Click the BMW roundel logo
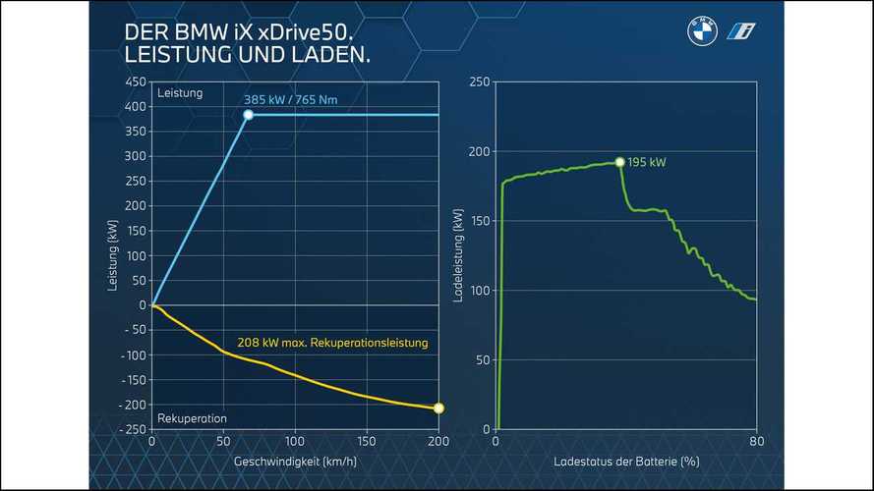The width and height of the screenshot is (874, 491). click(x=702, y=30)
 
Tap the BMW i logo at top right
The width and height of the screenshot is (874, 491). click(x=741, y=30)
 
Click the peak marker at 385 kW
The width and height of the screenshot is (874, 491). click(x=248, y=115)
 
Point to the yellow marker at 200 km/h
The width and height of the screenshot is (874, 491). click(x=438, y=408)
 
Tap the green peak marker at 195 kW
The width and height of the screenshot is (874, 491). click(x=619, y=162)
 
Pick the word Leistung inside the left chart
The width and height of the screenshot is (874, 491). click(x=179, y=93)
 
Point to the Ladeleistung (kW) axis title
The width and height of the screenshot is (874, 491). click(x=457, y=255)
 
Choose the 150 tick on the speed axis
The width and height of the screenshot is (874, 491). click(x=367, y=442)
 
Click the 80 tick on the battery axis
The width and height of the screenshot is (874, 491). click(x=756, y=442)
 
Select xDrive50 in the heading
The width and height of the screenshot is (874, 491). click(x=301, y=31)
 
